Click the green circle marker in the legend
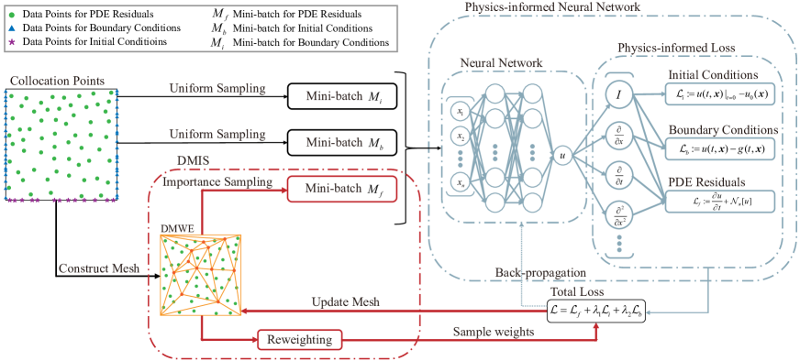11,16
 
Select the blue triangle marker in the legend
11,29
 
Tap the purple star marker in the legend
11,42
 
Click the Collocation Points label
57,81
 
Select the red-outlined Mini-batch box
342,189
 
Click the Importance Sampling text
217,182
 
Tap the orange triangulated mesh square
201,276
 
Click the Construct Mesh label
100,268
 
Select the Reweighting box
299,340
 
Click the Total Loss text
575,292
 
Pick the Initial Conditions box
720,93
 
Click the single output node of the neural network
563,155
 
